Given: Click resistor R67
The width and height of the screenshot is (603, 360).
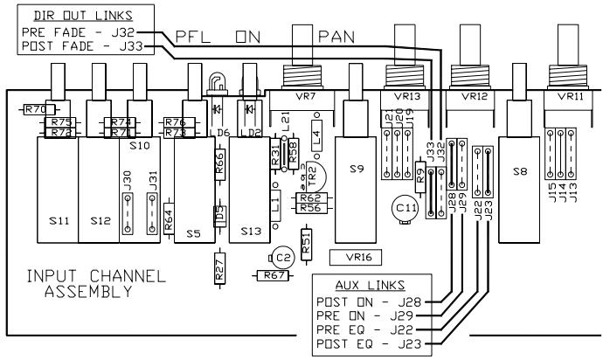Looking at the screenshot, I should [272, 275].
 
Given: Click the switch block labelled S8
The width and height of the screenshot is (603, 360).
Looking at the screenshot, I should [520, 173].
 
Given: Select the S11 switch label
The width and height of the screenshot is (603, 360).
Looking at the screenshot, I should [58, 221].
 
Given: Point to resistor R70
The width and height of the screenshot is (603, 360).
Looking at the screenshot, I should [34, 110].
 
